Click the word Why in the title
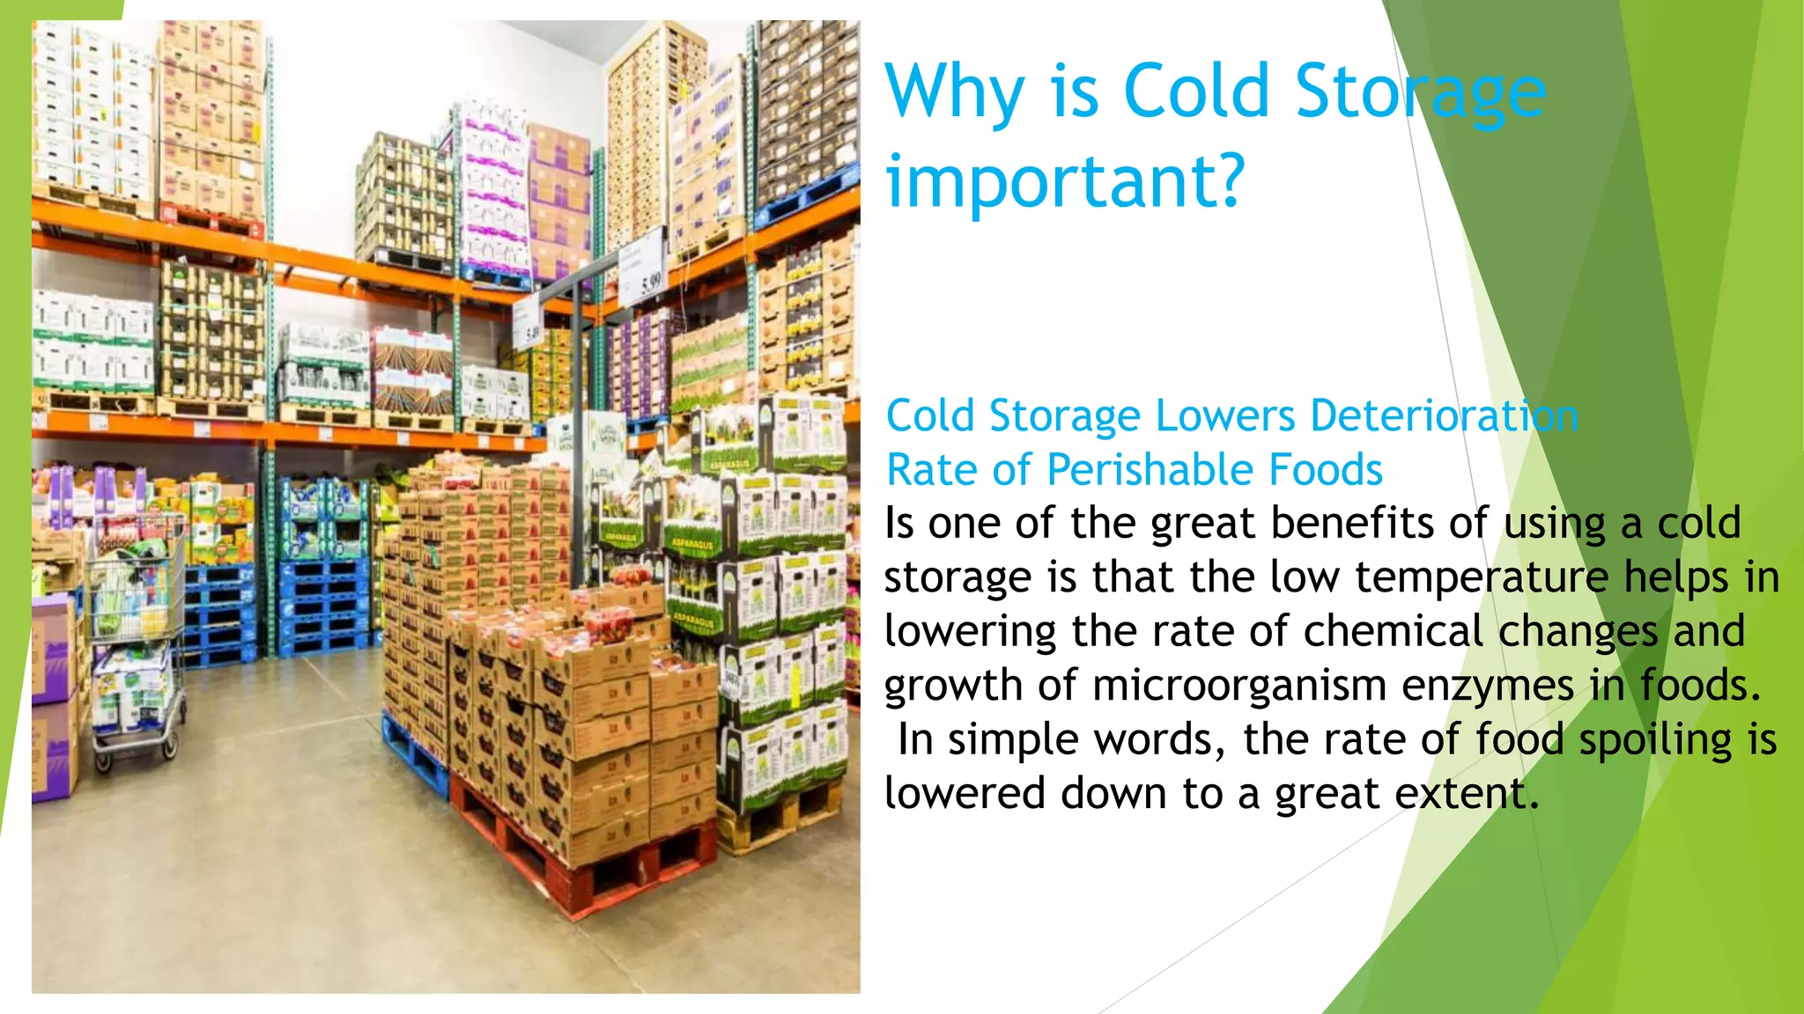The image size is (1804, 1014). coord(955,92)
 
